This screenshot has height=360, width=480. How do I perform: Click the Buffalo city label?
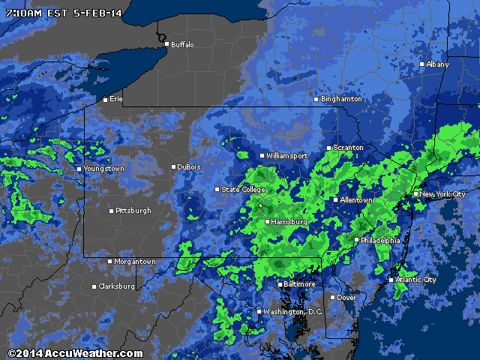pos(182,45)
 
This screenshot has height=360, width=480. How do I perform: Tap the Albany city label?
pos(438,64)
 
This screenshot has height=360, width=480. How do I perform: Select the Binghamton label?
pos(341,99)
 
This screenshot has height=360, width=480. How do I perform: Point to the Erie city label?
pos(115,99)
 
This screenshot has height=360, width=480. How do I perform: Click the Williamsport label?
pos(287,156)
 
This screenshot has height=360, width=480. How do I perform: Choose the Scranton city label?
pos(348,148)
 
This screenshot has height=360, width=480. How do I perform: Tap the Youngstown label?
pos(104,169)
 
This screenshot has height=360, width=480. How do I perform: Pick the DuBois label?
pos(189,167)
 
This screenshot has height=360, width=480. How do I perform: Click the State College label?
pos(243,190)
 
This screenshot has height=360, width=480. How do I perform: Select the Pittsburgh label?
pos(133,211)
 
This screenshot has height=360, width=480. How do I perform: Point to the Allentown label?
pos(355,200)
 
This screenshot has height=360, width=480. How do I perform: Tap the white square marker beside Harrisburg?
pos(267,222)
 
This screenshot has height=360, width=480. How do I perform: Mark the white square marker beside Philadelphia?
pos(356,240)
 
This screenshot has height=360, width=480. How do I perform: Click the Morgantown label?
pos(135,262)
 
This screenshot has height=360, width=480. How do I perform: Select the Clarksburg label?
pos(117,286)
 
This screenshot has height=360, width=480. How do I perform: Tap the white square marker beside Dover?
pos(333,298)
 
